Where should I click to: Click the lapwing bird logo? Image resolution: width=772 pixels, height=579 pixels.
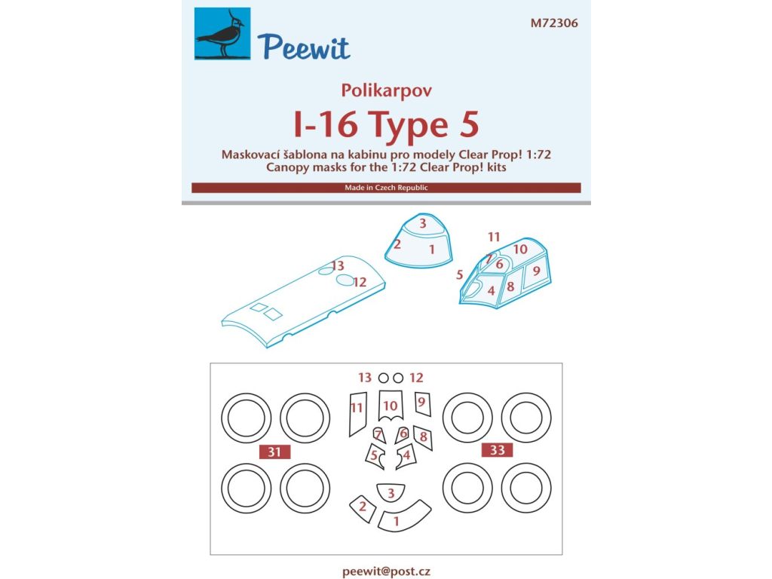click(x=222, y=33)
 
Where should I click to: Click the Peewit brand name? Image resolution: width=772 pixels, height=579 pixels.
click(x=303, y=47)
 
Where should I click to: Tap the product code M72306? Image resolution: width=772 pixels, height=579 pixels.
click(x=554, y=23)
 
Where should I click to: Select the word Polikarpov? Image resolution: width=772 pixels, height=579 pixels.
click(x=387, y=90)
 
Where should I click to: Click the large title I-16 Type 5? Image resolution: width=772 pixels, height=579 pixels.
click(x=387, y=124)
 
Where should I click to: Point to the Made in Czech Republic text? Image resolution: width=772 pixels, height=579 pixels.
click(x=386, y=188)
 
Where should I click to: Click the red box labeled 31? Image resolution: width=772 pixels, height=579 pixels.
click(x=274, y=452)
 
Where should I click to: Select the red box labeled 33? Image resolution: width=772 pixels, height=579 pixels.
click(x=498, y=450)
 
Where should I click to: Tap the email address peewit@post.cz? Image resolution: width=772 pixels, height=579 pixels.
click(x=386, y=571)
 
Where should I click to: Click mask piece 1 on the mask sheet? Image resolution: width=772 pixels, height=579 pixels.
click(x=405, y=518)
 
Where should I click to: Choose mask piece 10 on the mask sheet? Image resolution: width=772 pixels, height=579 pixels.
click(x=391, y=405)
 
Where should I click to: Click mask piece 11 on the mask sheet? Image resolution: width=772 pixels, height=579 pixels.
click(x=357, y=414)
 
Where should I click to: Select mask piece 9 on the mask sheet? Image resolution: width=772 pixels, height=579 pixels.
click(x=422, y=404)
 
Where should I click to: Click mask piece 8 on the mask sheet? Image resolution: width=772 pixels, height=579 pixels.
click(x=424, y=438)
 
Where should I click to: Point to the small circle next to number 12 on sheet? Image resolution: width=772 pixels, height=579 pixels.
click(x=398, y=378)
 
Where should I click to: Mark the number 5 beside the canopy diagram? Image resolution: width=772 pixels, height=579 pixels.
click(x=459, y=274)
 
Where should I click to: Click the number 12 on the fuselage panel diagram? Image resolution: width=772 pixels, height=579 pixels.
click(x=360, y=283)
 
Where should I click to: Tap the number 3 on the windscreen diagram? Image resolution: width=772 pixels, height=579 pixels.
click(x=423, y=223)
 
